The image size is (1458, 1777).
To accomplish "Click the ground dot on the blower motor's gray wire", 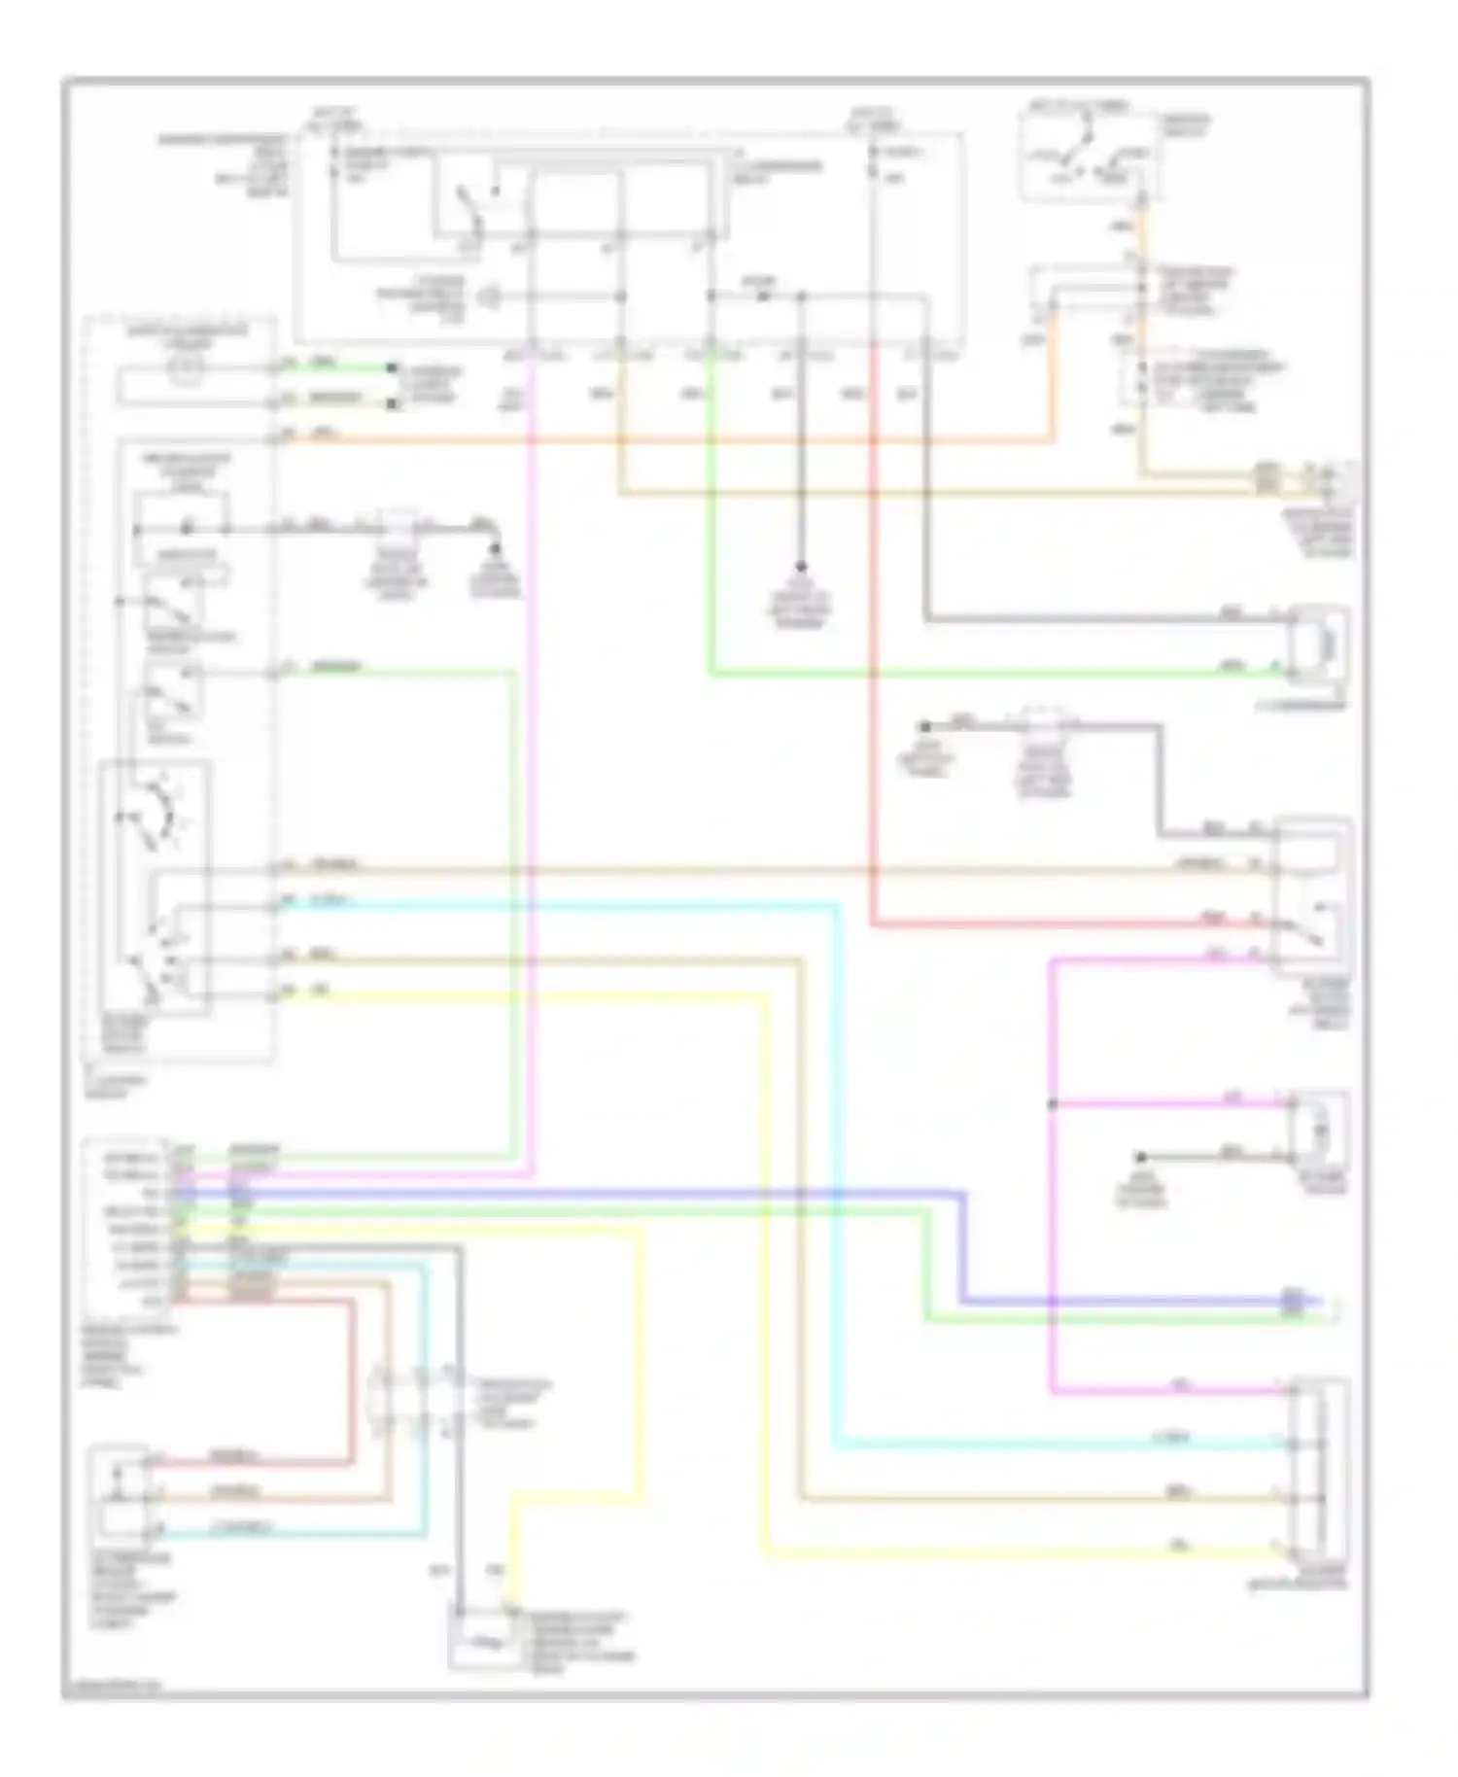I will point(1141,1157).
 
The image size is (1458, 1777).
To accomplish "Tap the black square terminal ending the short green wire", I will point(392,368).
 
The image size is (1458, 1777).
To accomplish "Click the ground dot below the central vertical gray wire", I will point(802,567).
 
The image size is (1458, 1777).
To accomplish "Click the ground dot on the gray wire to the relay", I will point(926,726).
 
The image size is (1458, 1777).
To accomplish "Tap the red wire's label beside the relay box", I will point(1213,918).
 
